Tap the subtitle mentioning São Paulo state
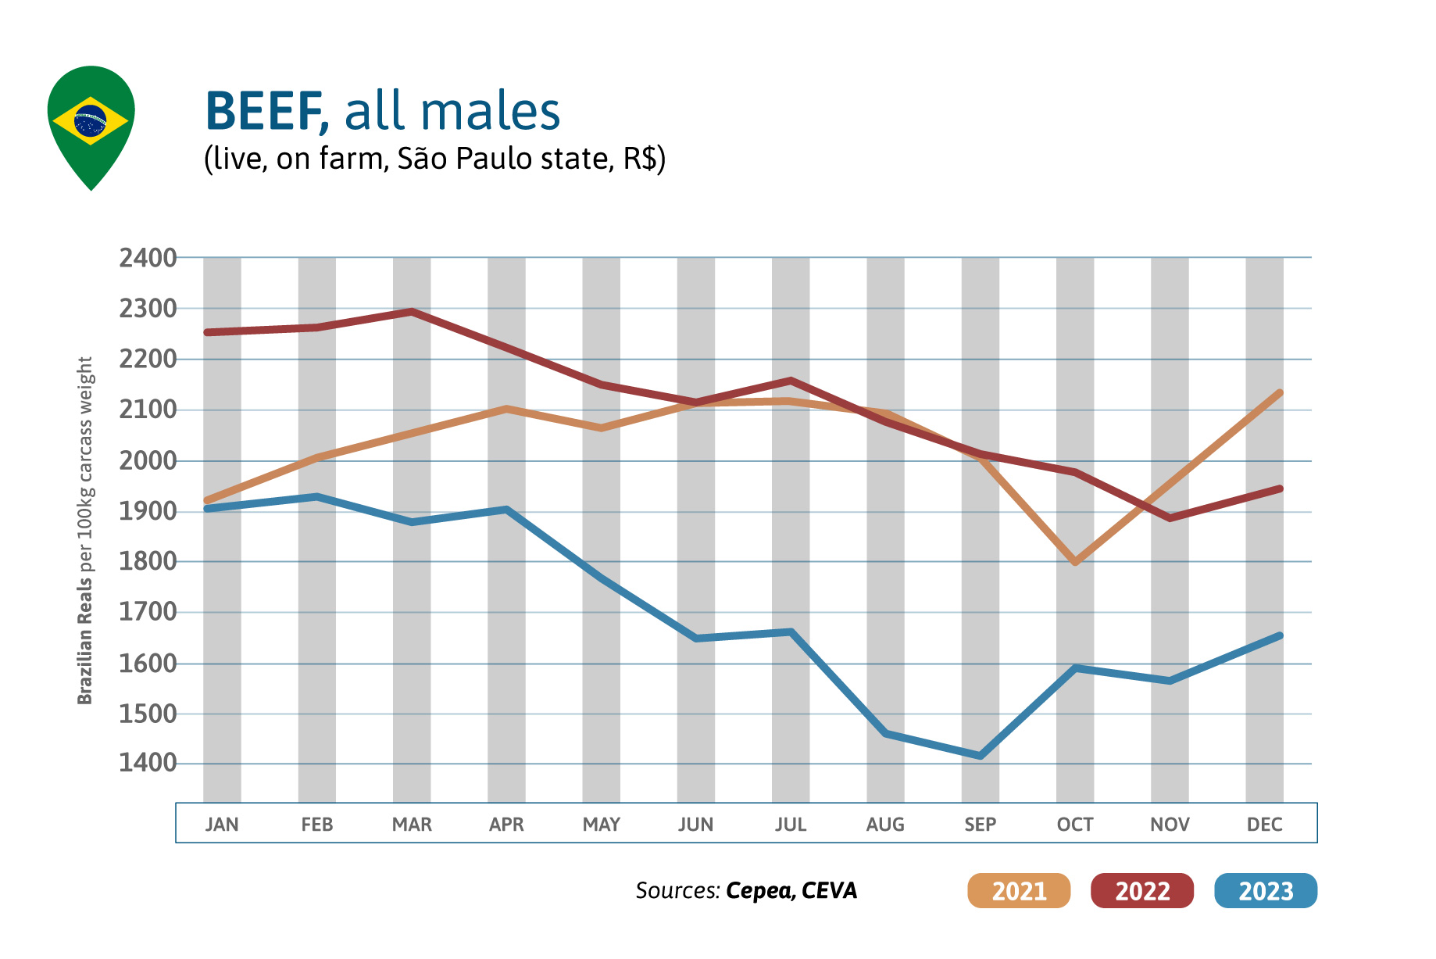point(434,159)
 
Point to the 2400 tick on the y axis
point(148,258)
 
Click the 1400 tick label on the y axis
point(148,763)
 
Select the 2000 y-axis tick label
point(148,460)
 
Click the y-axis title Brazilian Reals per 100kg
point(85,531)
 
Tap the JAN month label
point(222,825)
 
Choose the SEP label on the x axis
point(980,825)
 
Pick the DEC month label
point(1264,825)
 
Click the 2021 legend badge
point(1019,891)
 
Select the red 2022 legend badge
point(1142,891)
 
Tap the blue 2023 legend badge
point(1266,891)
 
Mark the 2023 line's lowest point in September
point(980,756)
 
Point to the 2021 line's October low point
point(1075,562)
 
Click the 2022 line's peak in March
point(412,312)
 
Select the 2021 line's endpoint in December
point(1279,392)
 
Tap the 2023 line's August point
point(885,734)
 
